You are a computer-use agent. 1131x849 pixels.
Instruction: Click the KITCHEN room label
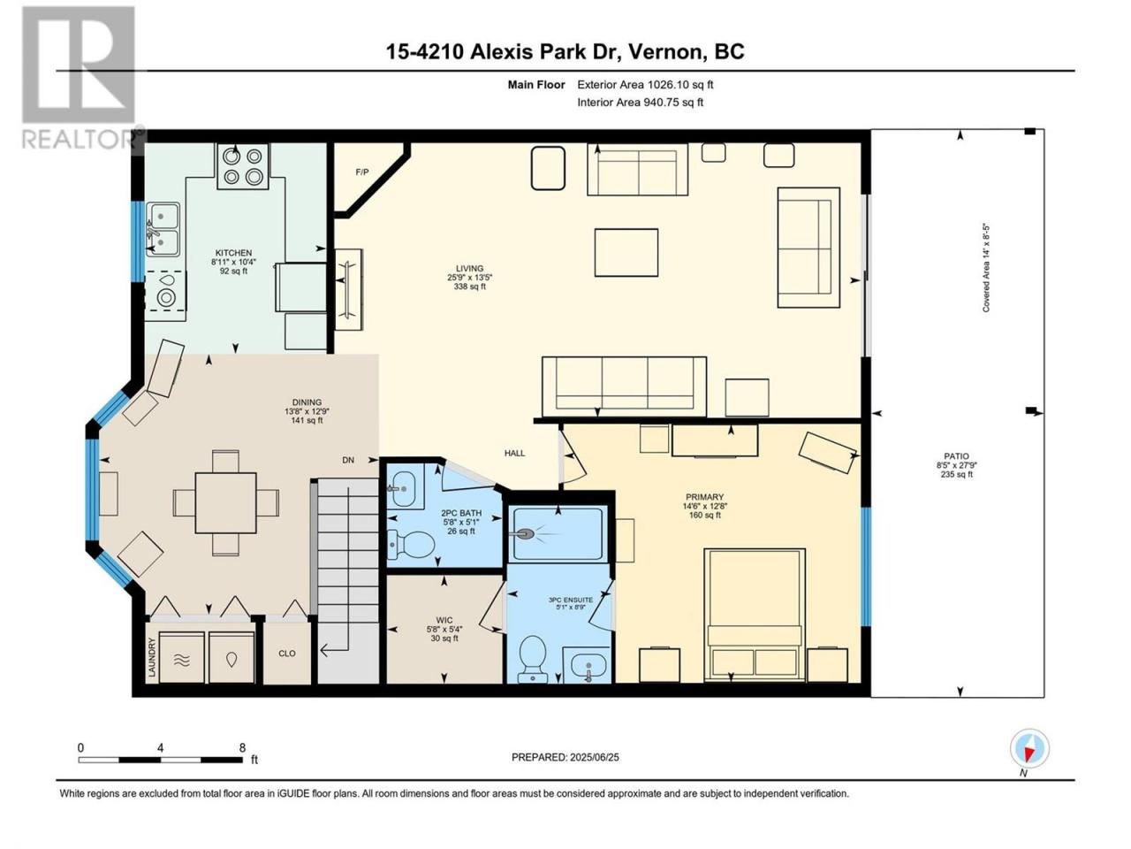click(233, 253)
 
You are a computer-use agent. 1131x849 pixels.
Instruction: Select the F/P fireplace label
click(362, 172)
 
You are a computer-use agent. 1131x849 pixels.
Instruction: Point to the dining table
click(225, 502)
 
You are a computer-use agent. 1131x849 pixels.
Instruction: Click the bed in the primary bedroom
click(755, 614)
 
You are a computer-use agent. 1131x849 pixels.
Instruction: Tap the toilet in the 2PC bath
click(410, 545)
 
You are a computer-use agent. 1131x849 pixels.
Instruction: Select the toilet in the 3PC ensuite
click(533, 658)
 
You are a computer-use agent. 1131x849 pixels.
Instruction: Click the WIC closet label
click(444, 620)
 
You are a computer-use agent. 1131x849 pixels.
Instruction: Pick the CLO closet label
click(287, 654)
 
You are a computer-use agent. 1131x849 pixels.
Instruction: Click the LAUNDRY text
click(151, 657)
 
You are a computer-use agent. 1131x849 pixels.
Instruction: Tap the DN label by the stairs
click(348, 460)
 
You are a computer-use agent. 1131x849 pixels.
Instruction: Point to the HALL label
click(514, 453)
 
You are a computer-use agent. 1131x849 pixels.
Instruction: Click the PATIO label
click(956, 455)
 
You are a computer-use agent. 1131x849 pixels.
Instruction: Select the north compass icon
click(1029, 748)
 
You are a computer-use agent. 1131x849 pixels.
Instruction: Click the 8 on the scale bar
click(242, 747)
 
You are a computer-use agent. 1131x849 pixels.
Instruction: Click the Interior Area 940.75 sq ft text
click(640, 102)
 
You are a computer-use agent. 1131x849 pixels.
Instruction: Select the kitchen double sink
click(163, 229)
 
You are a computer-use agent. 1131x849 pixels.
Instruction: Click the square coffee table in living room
click(626, 253)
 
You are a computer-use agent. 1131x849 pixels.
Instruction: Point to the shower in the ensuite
click(558, 534)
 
